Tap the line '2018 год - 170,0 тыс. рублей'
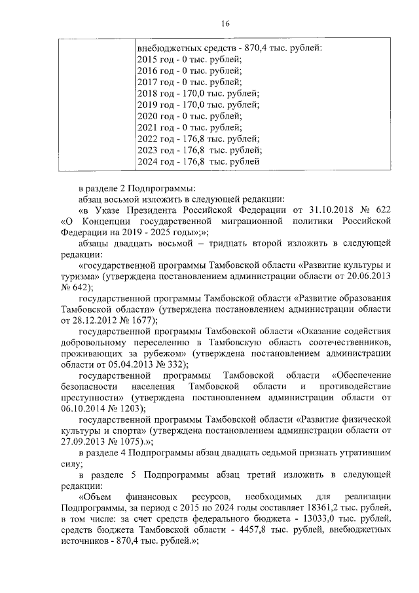point(198,93)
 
